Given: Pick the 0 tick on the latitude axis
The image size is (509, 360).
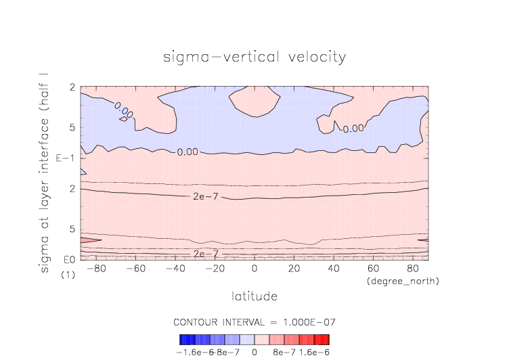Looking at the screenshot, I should (255, 269).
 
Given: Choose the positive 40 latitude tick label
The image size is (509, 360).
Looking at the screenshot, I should (333, 269).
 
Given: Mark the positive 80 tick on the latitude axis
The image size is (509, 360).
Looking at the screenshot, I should (412, 269).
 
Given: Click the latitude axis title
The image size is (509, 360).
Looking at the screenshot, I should (255, 296).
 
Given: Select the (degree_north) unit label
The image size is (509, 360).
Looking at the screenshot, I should (402, 280).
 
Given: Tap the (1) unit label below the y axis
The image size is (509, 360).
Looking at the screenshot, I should (68, 275).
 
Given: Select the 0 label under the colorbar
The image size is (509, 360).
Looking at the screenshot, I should (255, 352).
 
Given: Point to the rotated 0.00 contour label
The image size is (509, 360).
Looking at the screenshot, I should (124, 109).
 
